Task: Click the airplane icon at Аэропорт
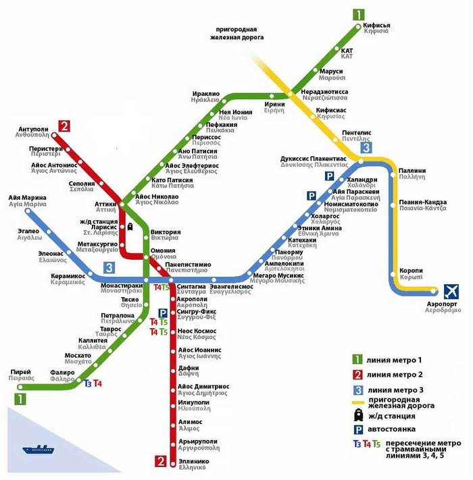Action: (451, 292)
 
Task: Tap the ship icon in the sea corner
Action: (39, 449)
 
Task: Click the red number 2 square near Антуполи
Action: (64, 126)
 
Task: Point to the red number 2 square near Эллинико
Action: (161, 462)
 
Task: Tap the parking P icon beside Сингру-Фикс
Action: (163, 312)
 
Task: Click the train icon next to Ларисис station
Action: (129, 226)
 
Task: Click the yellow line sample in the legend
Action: (358, 404)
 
